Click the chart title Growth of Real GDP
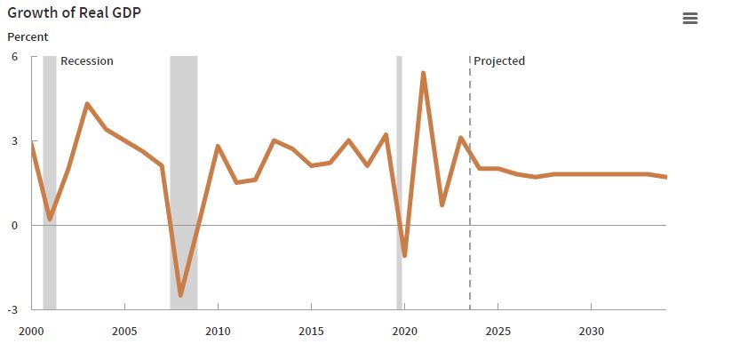point(75,13)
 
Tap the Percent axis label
point(28,36)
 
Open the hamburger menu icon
point(690,19)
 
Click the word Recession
point(87,61)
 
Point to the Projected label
point(499,61)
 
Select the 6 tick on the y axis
point(13,56)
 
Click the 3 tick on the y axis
point(13,140)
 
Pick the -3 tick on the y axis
point(12,309)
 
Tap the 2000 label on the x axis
point(31,332)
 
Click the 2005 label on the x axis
point(124,332)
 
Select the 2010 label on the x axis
point(218,332)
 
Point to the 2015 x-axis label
point(311,332)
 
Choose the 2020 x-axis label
point(404,332)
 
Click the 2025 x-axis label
point(497,332)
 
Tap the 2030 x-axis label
point(591,332)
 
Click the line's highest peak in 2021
point(423,73)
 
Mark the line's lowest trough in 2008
point(180,294)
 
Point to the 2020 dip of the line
point(404,256)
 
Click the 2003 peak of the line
point(87,104)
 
